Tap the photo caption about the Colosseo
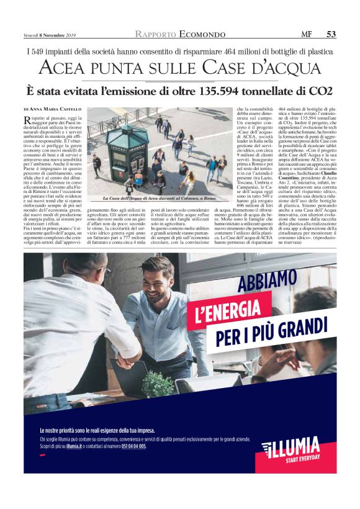[160, 199]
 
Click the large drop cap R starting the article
[28, 120]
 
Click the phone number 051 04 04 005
[133, 446]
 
